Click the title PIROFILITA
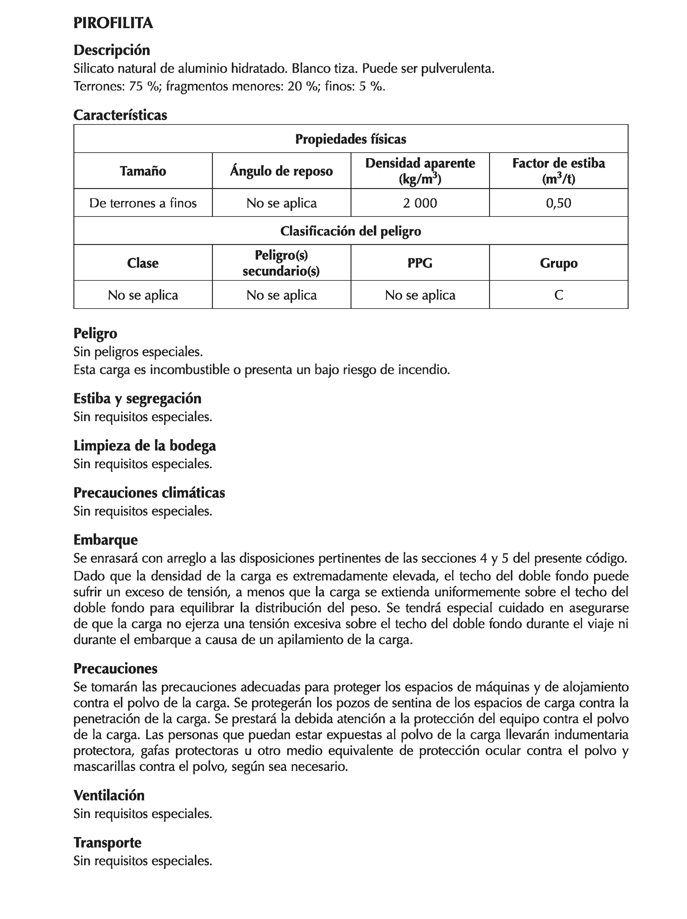click(x=113, y=23)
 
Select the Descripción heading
click(x=111, y=50)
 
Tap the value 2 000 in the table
click(x=420, y=203)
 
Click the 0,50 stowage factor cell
click(x=558, y=203)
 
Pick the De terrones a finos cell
click(x=143, y=203)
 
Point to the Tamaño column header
click(x=143, y=171)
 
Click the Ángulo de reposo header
click(x=281, y=171)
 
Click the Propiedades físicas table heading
click(x=350, y=139)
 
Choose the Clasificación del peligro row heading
click(x=350, y=231)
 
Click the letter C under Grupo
click(x=558, y=295)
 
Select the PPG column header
click(x=420, y=263)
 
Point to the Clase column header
click(x=143, y=263)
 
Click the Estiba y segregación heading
click(x=137, y=399)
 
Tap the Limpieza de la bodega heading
click(x=145, y=446)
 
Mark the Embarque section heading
click(x=106, y=540)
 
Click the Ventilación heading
click(x=109, y=795)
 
